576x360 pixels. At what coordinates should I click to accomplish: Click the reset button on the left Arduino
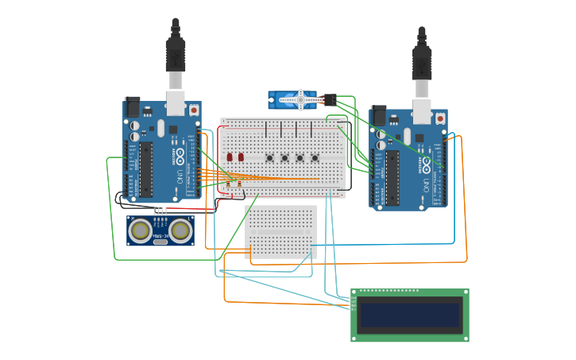pos(193,110)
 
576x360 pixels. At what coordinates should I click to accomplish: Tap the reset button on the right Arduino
pos(439,118)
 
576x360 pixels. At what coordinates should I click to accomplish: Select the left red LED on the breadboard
pos(230,157)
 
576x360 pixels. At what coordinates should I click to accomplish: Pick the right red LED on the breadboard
pos(241,157)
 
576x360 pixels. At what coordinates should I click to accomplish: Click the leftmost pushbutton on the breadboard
pos(270,157)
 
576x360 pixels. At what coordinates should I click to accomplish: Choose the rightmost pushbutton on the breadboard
pos(315,157)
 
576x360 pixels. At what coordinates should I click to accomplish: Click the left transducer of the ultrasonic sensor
pos(141,230)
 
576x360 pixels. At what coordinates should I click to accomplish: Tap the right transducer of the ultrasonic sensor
pos(180,230)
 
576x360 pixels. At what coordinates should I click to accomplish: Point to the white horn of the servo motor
pos(301,99)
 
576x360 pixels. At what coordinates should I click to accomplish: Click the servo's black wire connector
pos(329,99)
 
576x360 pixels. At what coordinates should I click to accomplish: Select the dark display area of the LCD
pos(409,315)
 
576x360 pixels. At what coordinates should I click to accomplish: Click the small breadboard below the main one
pos(280,231)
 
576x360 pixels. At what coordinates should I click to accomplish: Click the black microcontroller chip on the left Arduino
pos(146,169)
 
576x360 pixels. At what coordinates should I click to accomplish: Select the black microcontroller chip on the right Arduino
pos(392,177)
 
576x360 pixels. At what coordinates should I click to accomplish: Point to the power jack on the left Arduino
pos(132,106)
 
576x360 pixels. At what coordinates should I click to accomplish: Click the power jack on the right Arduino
pos(378,115)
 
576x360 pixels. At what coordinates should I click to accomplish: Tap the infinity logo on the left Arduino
pos(180,153)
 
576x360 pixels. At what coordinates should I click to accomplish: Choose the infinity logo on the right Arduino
pos(427,161)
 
